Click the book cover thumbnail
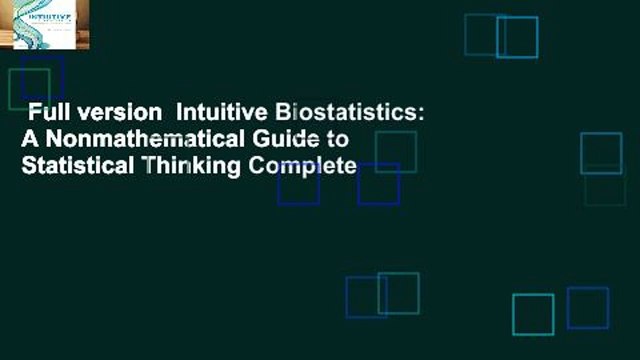[45, 25]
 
